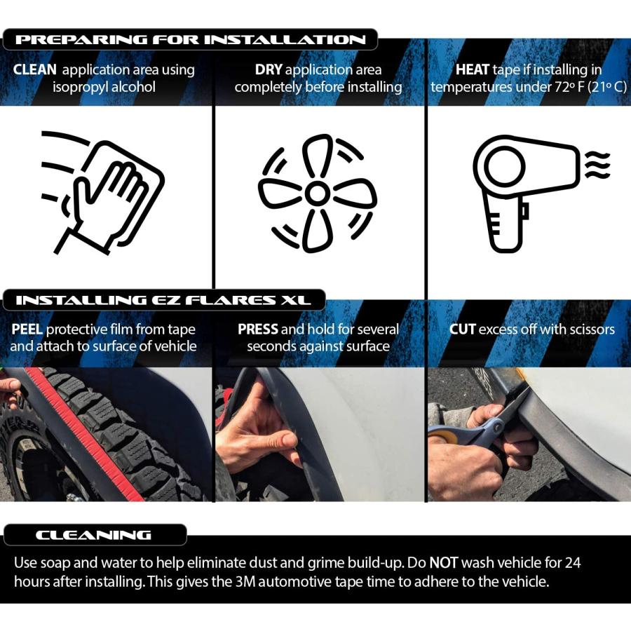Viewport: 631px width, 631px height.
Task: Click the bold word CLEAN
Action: tap(34, 69)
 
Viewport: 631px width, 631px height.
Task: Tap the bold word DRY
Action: tap(269, 69)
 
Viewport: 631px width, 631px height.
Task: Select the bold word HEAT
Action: tap(473, 69)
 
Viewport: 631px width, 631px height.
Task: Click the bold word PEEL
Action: tap(27, 330)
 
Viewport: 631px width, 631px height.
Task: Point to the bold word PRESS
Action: tap(258, 330)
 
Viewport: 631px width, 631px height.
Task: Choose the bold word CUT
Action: tap(463, 330)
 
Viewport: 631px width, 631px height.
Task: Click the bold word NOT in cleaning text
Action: tap(444, 562)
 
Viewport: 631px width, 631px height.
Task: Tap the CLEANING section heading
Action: tap(93, 535)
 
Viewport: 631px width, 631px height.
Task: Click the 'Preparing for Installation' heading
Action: tap(190, 39)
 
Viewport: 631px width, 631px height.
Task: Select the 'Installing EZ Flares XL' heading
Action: tap(163, 300)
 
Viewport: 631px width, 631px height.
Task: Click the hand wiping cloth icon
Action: tap(102, 192)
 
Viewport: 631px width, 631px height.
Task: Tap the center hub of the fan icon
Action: tap(318, 194)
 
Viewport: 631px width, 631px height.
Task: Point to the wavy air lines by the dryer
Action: tap(597, 165)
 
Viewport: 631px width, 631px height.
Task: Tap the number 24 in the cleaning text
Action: tap(573, 562)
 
